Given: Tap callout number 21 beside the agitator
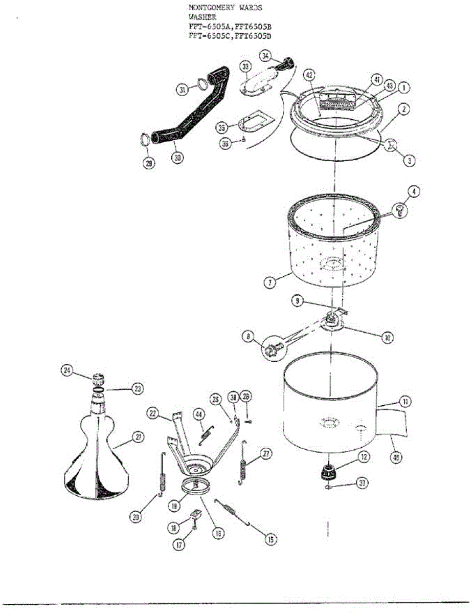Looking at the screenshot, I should pos(138,436).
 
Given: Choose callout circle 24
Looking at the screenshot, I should pos(67,371).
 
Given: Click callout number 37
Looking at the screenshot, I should pos(362,484).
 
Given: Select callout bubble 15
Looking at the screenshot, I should pos(270,538).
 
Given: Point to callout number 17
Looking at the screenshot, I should pos(179,545).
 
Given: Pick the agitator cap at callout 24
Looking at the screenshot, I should pos(99,380).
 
